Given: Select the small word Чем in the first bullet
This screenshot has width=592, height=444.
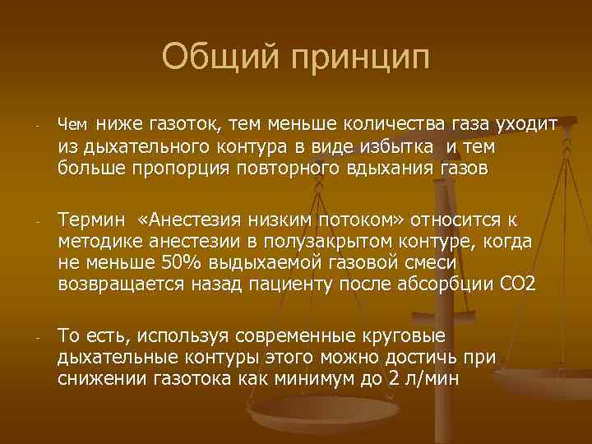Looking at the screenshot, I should pyautogui.click(x=72, y=126).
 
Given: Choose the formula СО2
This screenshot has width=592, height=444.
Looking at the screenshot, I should pyautogui.click(x=518, y=284).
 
